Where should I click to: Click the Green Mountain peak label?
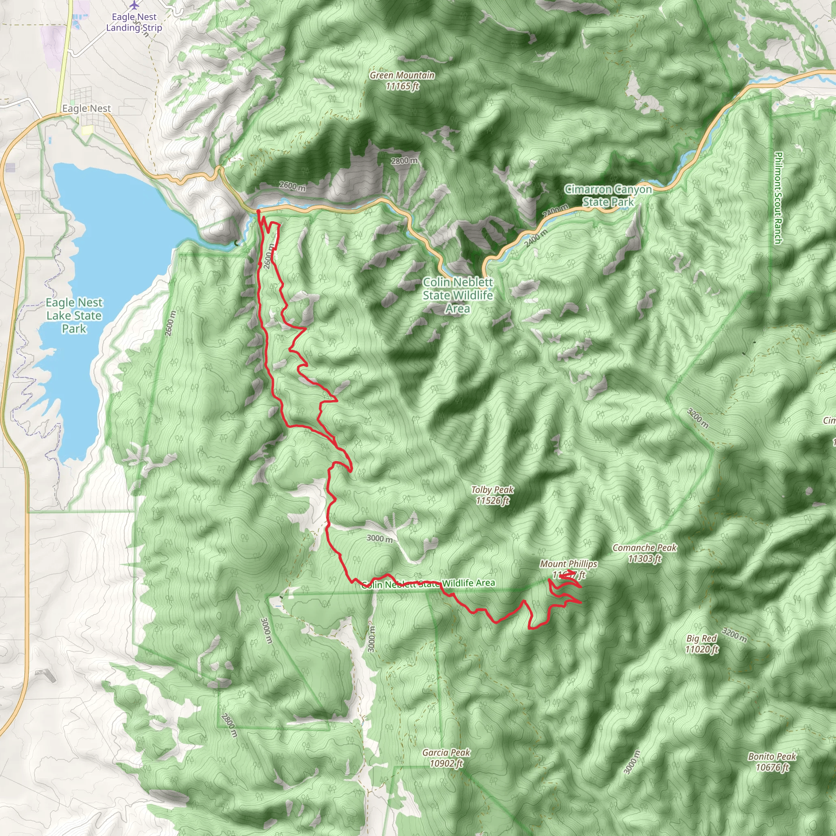click(x=402, y=80)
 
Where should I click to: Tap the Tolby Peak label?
click(x=492, y=495)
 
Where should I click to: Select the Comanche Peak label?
click(x=644, y=553)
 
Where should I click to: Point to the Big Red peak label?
click(x=701, y=643)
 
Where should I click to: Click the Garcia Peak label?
click(x=446, y=758)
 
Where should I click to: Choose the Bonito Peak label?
click(x=772, y=762)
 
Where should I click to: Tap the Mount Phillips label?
click(x=568, y=564)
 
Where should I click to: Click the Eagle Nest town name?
click(x=87, y=108)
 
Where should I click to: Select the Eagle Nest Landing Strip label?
click(x=134, y=22)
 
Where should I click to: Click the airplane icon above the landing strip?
click(x=135, y=5)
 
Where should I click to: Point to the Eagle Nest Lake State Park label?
click(x=74, y=316)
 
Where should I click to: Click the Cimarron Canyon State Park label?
click(x=608, y=196)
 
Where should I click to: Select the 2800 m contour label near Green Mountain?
click(x=404, y=161)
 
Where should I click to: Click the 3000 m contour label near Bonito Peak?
click(x=632, y=762)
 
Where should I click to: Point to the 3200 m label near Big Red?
click(x=734, y=636)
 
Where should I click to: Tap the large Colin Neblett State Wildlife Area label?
click(x=458, y=295)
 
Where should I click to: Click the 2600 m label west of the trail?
click(x=171, y=323)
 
